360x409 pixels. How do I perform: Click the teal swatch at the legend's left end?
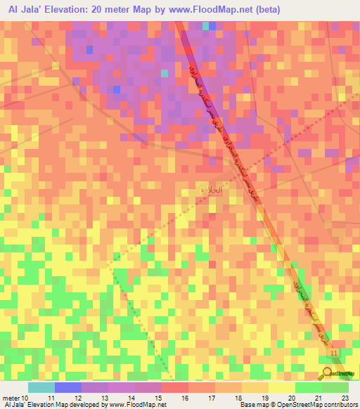41,387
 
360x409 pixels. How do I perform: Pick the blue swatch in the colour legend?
68,387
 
